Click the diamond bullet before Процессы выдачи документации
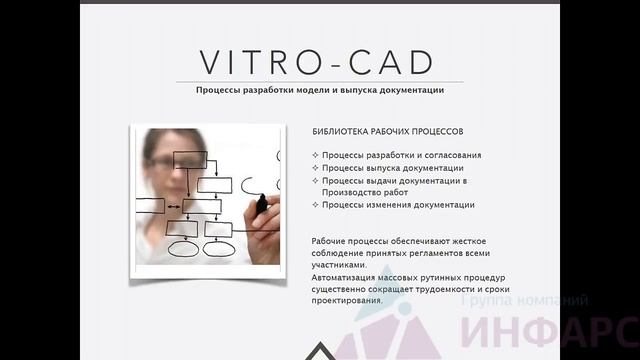315,181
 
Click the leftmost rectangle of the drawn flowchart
150,206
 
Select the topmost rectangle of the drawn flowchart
190,159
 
